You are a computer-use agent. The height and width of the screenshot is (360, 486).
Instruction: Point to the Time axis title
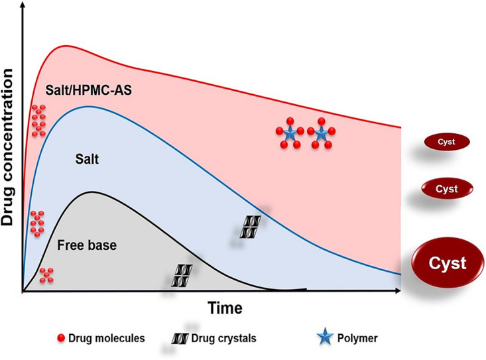pyautogui.click(x=225, y=308)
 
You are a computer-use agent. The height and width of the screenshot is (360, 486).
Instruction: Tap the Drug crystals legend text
pyautogui.click(x=223, y=338)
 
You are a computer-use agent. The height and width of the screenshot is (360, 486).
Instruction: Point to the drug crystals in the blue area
pyautogui.click(x=251, y=227)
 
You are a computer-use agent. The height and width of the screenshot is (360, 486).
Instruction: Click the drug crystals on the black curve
pyautogui.click(x=183, y=275)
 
